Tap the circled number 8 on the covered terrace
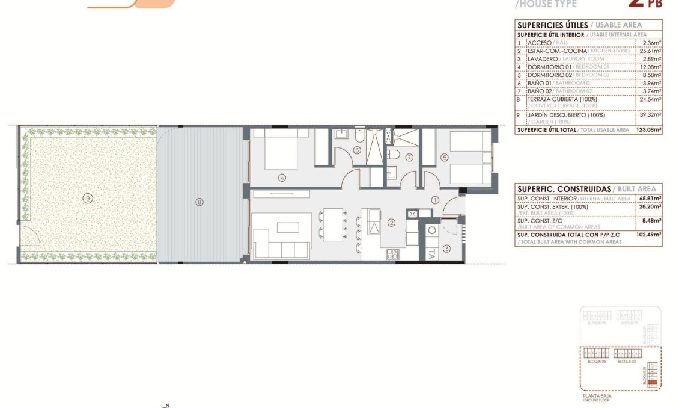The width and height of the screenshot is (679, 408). [x=199, y=202]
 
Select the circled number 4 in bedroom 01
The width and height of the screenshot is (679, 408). [x=281, y=178]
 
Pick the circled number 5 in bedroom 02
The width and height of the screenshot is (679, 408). [x=445, y=158]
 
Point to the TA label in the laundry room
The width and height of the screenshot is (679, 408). [x=431, y=253]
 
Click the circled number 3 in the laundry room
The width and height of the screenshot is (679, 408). [x=446, y=248]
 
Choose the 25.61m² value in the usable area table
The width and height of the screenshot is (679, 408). [x=651, y=51]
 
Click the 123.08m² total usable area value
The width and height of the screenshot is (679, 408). [x=648, y=129]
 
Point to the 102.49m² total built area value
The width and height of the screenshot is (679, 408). [x=648, y=235]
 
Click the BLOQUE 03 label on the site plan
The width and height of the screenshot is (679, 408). [x=596, y=362]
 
